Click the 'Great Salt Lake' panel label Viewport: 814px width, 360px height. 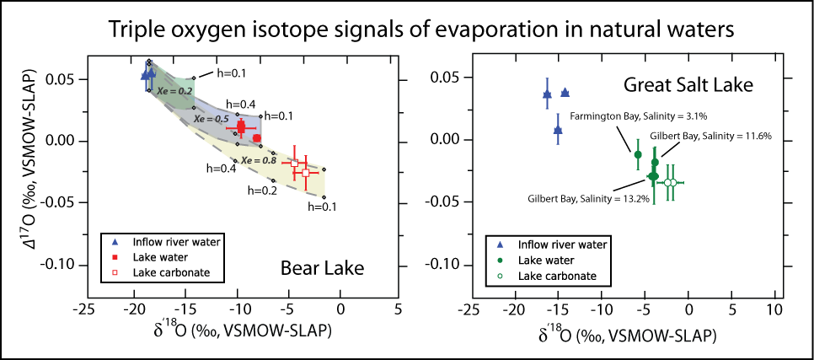click(688, 85)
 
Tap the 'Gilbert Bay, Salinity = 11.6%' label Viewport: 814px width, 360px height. click(718, 136)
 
